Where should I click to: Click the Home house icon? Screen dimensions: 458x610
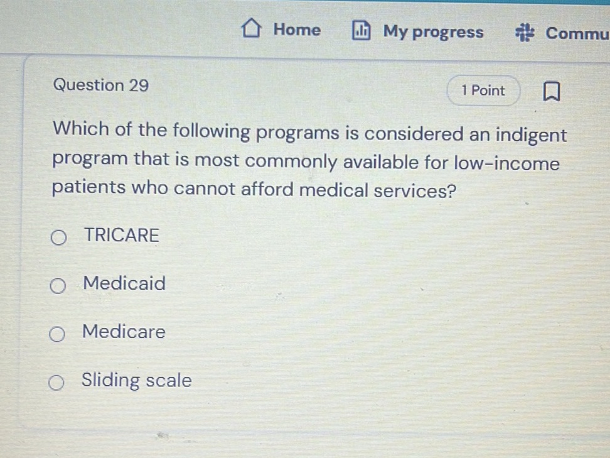click(252, 30)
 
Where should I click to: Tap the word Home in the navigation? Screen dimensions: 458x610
click(297, 30)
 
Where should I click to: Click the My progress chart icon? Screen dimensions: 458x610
click(361, 31)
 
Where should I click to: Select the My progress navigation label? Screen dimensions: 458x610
click(433, 32)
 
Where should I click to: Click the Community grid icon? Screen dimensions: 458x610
click(525, 33)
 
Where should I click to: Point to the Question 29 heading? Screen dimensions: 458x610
click(101, 85)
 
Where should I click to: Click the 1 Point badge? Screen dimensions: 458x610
click(483, 90)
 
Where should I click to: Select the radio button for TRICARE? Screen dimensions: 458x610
click(58, 237)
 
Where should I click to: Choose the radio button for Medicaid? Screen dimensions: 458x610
click(57, 286)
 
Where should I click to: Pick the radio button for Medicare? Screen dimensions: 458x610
click(56, 334)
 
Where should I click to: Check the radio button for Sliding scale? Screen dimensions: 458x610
click(56, 383)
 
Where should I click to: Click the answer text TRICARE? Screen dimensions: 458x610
click(122, 236)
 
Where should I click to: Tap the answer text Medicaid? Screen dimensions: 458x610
click(125, 283)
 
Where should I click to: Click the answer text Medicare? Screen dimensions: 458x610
click(124, 332)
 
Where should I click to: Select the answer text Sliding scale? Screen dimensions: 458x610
click(137, 381)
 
